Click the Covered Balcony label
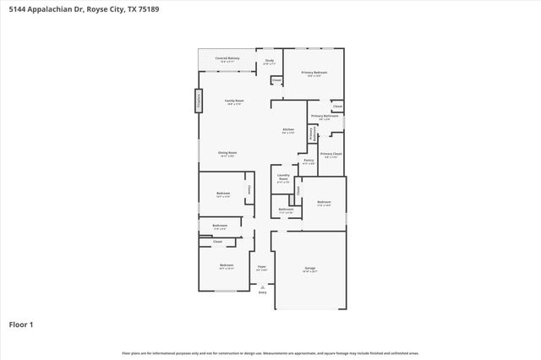coord(227,58)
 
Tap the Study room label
coord(270,61)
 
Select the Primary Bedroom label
coord(314,73)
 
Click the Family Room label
coord(233,101)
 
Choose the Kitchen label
coord(288,130)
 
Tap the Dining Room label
coord(227,153)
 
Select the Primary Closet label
coord(331,154)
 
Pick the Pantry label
coord(309,161)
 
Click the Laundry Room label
coord(283,177)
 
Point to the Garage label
coord(310,269)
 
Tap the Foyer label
coord(262,268)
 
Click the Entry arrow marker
coord(262,291)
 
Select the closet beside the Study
coord(276,81)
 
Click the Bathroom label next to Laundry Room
coord(286,210)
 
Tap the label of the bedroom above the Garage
coord(324,203)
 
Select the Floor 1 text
coord(21,324)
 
